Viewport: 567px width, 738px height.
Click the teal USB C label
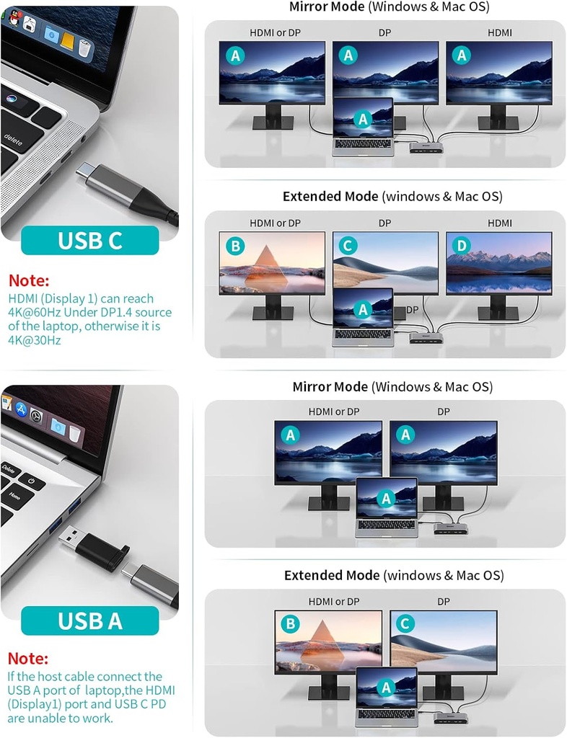coord(89,240)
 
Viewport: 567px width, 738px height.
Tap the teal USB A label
coord(89,621)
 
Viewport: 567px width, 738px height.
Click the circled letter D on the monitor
coord(461,246)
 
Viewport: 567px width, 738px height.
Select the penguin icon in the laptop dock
coord(30,25)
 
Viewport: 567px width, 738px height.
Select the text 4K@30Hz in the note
coord(35,339)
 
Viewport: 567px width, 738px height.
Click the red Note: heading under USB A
coord(28,659)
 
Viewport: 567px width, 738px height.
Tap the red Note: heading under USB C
coord(29,280)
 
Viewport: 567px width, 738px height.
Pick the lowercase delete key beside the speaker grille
coord(13,136)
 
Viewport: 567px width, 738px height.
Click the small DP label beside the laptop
coord(412,309)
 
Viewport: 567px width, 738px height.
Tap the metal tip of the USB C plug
coord(86,173)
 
